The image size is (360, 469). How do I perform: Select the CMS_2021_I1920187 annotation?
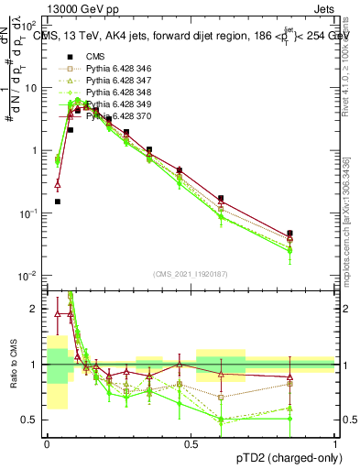tap(191, 273)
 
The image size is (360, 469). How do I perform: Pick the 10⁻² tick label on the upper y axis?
tap(29, 275)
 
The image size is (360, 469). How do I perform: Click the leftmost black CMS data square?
tap(57, 202)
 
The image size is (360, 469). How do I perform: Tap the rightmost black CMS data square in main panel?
tap(315, 234)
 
